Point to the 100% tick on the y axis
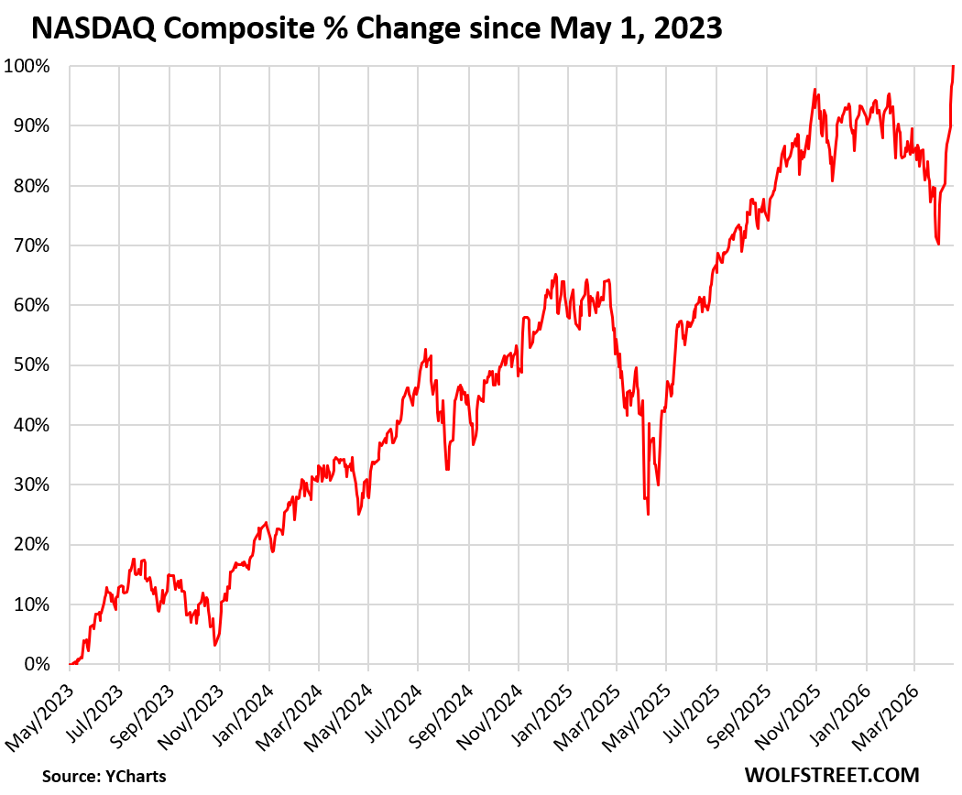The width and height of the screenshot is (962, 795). [x=30, y=66]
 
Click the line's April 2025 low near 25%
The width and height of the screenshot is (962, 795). [x=648, y=514]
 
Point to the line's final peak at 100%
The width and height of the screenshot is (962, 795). [x=953, y=67]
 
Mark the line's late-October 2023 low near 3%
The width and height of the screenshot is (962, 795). [x=215, y=645]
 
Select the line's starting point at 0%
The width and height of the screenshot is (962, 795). [x=71, y=664]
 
